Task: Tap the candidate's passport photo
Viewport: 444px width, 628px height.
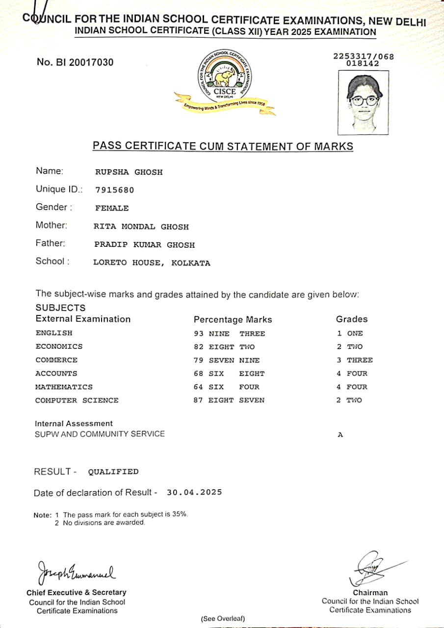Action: click(364, 102)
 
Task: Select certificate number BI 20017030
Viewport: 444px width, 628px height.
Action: click(75, 62)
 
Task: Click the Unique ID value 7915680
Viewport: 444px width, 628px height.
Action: click(114, 190)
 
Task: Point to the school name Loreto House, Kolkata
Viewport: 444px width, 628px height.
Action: click(152, 263)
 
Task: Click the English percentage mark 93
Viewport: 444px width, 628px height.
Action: click(199, 334)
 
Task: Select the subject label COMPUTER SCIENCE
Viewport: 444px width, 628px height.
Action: click(77, 400)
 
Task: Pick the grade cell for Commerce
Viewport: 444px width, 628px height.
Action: click(355, 360)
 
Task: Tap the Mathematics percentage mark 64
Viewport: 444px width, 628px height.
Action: click(199, 387)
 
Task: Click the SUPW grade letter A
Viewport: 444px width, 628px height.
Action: click(340, 435)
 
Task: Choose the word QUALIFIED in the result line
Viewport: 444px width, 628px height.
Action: click(113, 472)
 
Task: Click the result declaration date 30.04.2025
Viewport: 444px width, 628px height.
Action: click(194, 492)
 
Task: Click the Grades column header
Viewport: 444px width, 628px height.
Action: click(351, 319)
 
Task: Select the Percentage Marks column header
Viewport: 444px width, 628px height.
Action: click(233, 320)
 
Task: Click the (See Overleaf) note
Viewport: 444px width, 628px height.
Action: click(223, 618)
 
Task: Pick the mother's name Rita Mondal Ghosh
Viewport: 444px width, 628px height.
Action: click(141, 227)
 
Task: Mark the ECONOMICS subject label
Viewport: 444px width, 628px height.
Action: click(59, 346)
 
